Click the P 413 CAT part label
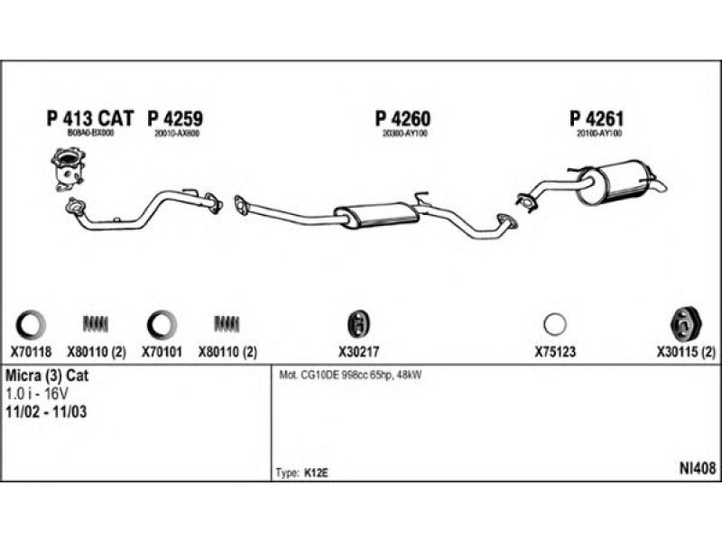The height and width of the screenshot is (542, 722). [x=89, y=118]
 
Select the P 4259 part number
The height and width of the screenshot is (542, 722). [x=174, y=118]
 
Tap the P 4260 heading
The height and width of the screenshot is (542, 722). [x=403, y=118]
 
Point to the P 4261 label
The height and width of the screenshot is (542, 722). [x=597, y=118]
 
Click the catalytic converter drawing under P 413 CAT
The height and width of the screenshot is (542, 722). [x=66, y=171]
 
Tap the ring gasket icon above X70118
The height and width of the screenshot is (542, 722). [x=30, y=322]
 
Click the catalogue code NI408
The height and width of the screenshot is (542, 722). [x=698, y=468]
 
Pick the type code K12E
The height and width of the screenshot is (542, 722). [x=314, y=472]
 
